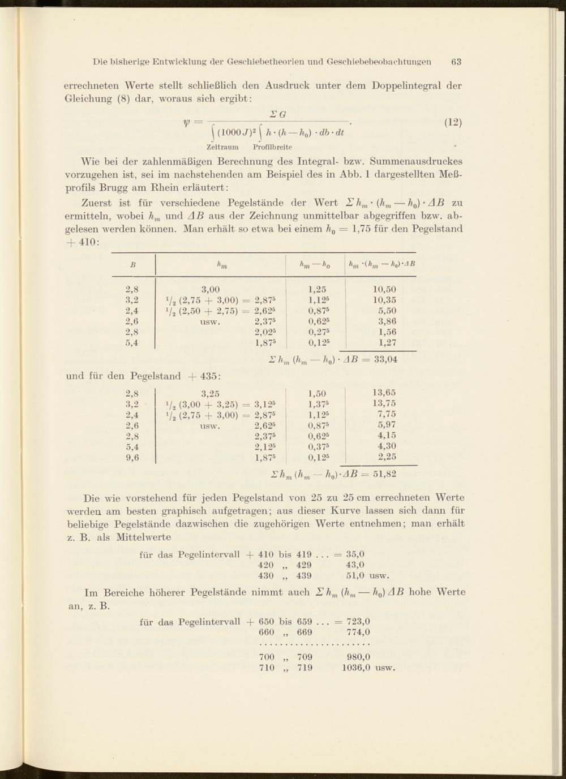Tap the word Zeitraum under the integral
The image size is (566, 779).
[x=222, y=147]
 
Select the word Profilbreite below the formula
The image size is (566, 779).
[x=272, y=147]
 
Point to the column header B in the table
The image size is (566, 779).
[x=132, y=264]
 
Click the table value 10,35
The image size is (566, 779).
[x=384, y=300]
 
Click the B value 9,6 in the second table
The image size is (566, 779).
[x=132, y=458]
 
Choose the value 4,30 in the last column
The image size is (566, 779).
[x=387, y=446]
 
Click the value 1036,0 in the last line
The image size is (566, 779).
[x=356, y=668]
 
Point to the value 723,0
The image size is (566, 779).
[x=358, y=621]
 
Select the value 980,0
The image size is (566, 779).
[x=358, y=657]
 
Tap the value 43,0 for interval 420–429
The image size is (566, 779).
[x=355, y=565]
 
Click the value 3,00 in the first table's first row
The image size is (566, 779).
[x=211, y=289]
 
